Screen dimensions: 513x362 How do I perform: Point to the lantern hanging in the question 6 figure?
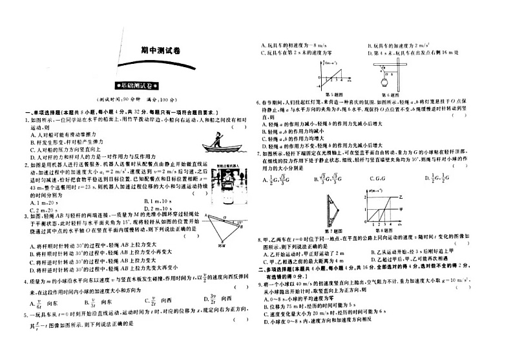point(384,81)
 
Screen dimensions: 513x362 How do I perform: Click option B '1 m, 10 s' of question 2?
point(157,202)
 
